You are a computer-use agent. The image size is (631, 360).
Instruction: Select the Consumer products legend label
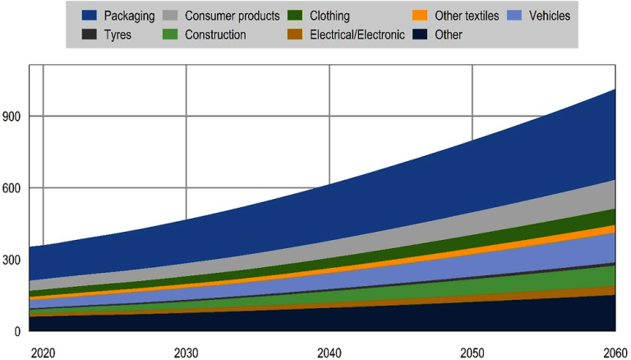233,16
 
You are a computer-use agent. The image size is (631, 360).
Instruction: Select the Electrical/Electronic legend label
356,35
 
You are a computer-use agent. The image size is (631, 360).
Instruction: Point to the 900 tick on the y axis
12,117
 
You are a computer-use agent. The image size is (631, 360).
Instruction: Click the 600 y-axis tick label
12,188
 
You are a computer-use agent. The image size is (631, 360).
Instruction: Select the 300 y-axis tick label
12,260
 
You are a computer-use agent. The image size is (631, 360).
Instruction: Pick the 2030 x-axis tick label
186,353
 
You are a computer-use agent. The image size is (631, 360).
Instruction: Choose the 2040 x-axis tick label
329,353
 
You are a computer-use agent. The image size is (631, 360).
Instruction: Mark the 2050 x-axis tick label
472,353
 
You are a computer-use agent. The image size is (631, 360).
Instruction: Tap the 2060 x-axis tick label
612,353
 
